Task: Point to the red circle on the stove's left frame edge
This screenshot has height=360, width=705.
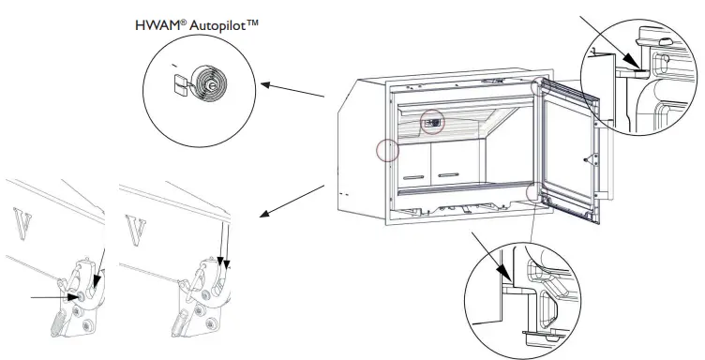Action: (385, 149)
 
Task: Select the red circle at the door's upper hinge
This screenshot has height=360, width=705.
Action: (541, 86)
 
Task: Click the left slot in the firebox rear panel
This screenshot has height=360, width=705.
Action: (412, 175)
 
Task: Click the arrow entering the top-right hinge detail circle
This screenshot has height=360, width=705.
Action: (608, 37)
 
